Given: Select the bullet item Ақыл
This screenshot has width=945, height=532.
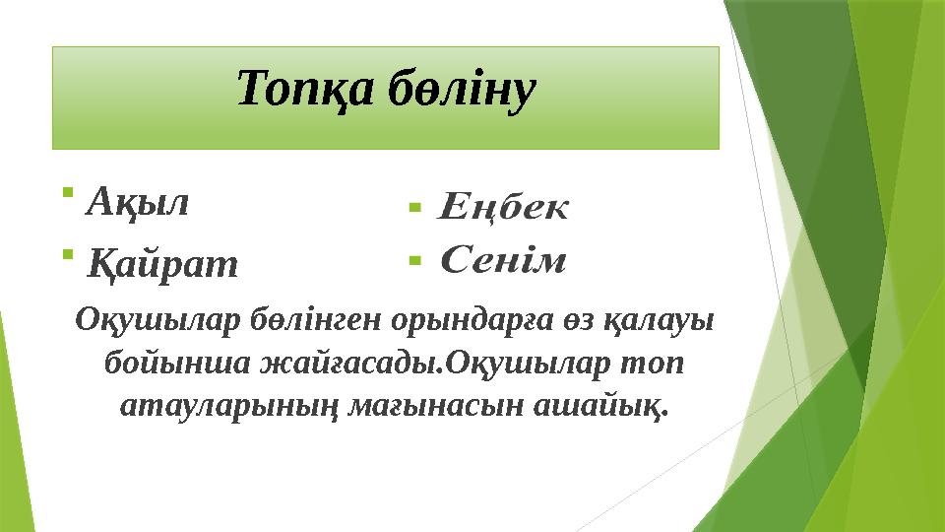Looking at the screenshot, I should point(138,203).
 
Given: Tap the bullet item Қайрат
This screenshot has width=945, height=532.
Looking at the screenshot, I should point(162,262).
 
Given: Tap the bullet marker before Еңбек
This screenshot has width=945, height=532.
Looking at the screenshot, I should point(414,208).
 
